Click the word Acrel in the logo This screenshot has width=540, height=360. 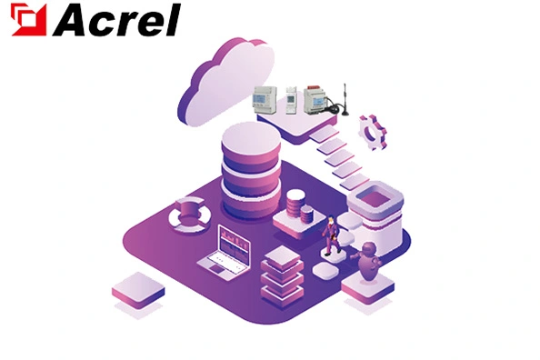click(116, 21)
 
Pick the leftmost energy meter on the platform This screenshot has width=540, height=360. click(264, 97)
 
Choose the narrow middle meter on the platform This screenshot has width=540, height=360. click(292, 97)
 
